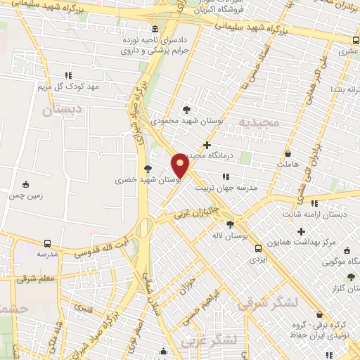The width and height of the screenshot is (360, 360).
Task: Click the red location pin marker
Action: pyautogui.click(x=180, y=165)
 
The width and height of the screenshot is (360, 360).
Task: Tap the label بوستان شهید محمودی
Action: pyautogui.click(x=186, y=121)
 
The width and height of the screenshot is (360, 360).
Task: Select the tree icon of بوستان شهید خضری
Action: pyautogui.click(x=148, y=169)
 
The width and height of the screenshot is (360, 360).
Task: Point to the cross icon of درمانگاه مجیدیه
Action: pyautogui.click(x=207, y=144)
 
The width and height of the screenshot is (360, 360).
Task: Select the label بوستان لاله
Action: pyautogui.click(x=230, y=236)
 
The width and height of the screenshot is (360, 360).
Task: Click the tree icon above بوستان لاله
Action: pyautogui.click(x=230, y=225)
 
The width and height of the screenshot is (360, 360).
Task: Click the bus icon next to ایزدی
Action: pyautogui.click(x=259, y=248)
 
